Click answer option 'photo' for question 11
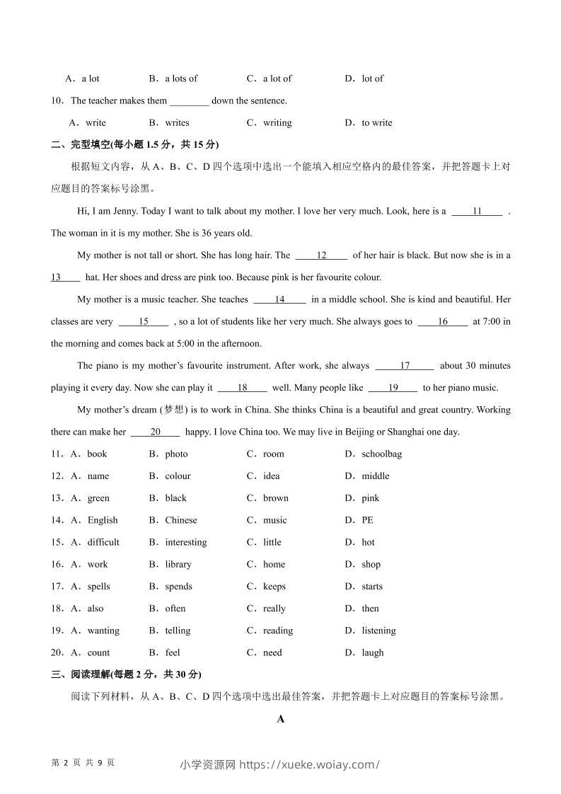click(x=176, y=454)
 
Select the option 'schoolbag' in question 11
click(x=381, y=454)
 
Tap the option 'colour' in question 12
click(x=178, y=476)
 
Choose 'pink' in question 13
click(x=370, y=498)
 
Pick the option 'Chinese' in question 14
click(x=181, y=520)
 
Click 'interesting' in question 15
click(x=186, y=542)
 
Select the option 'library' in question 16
click(x=178, y=565)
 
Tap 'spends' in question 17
click(x=178, y=587)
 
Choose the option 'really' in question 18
click(x=274, y=609)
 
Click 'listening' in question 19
click(x=378, y=631)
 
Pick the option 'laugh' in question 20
click(x=372, y=652)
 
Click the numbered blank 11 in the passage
click(x=477, y=211)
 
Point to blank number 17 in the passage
click(x=405, y=366)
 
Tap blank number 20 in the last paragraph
click(x=156, y=432)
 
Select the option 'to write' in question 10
click(x=376, y=123)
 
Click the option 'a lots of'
click(x=181, y=79)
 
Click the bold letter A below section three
click(x=281, y=720)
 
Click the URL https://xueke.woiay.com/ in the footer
click(x=310, y=764)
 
